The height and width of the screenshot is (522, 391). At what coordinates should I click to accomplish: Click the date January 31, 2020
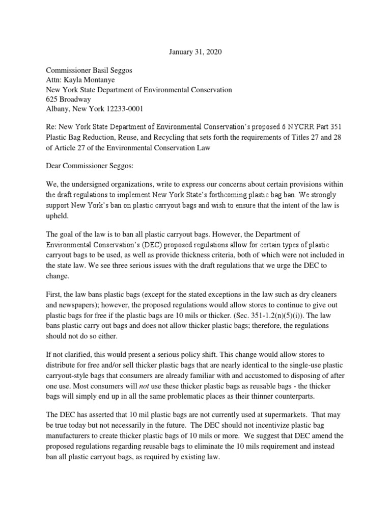pyautogui.click(x=195, y=52)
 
